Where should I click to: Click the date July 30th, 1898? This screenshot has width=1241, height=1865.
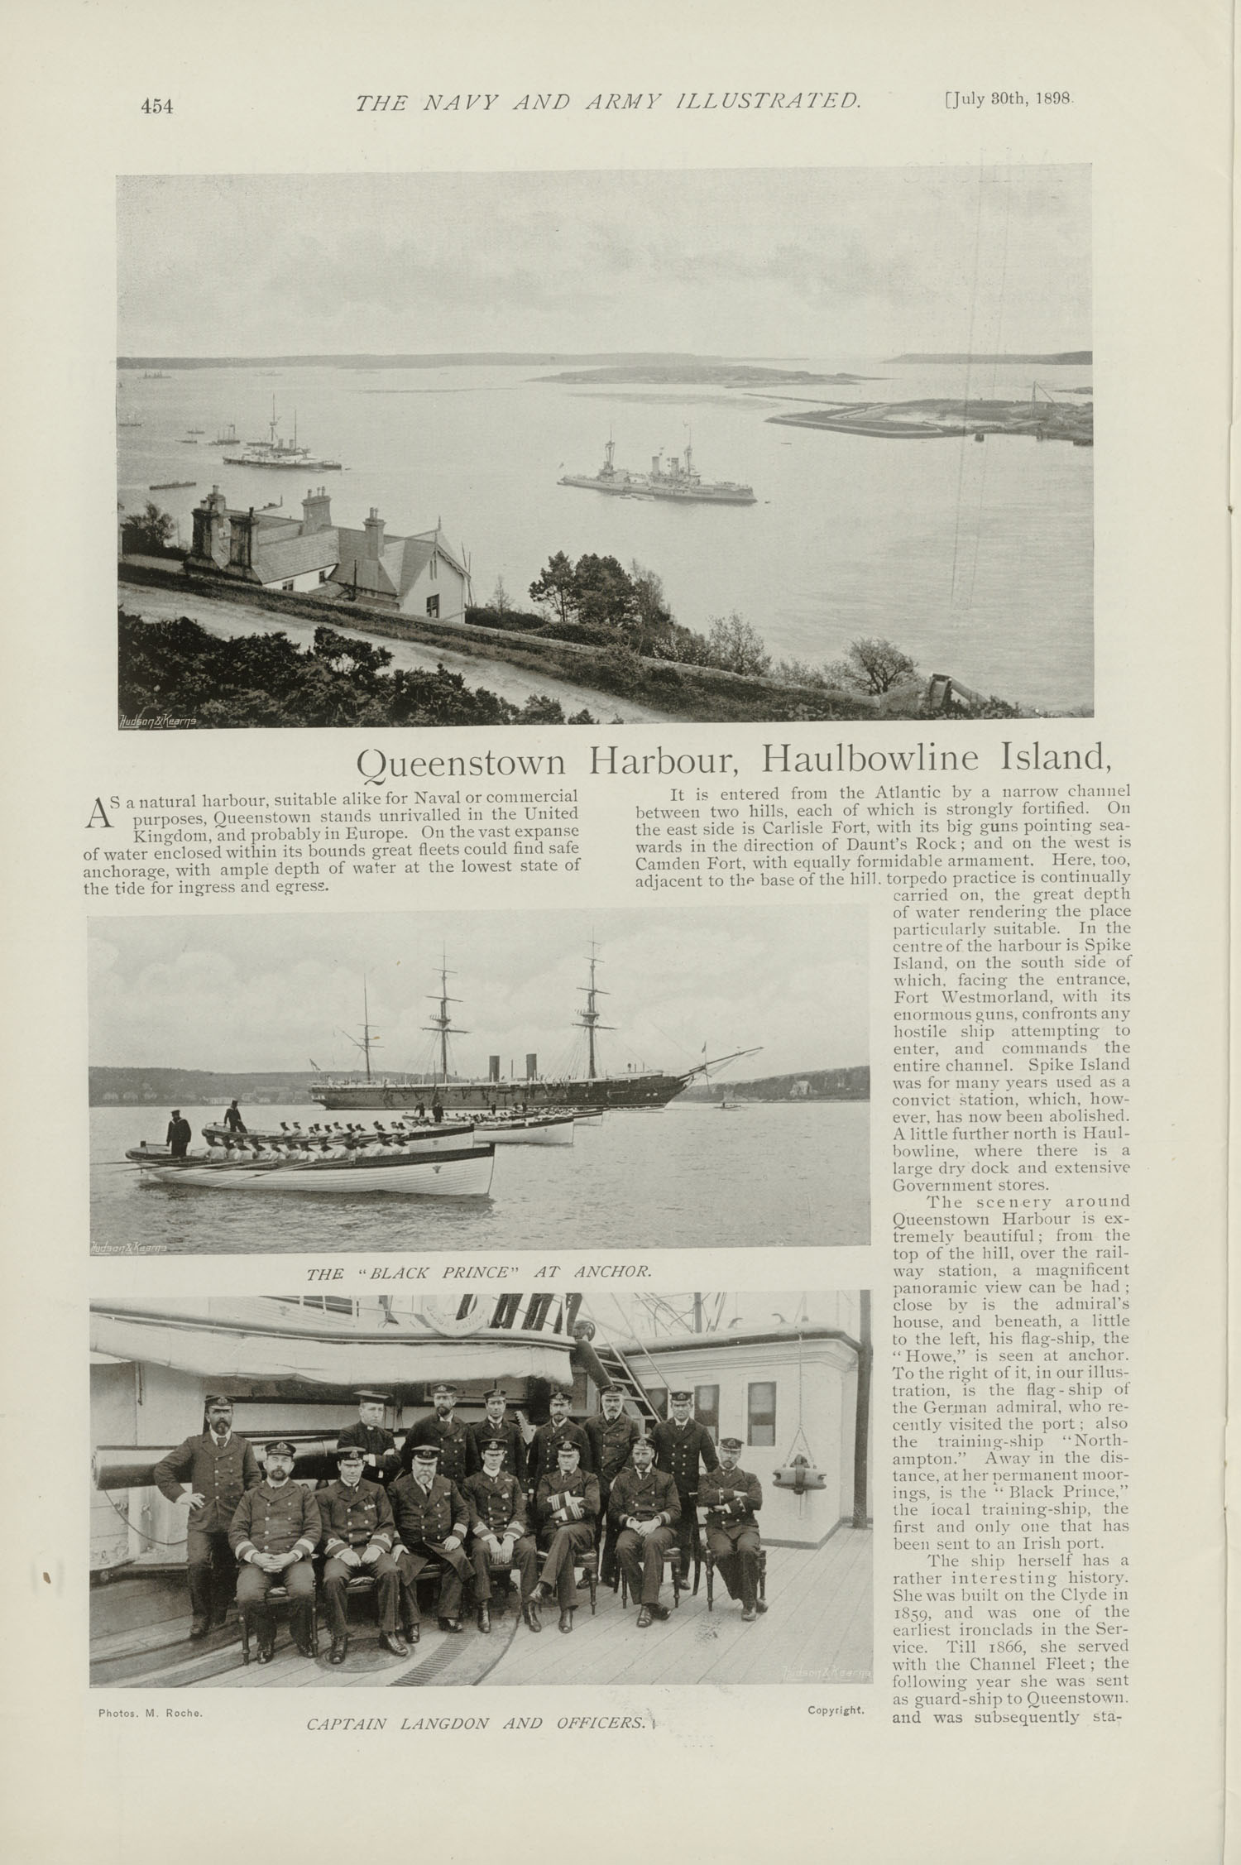[1009, 100]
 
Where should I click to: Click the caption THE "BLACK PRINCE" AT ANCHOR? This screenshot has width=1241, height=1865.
[479, 1273]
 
